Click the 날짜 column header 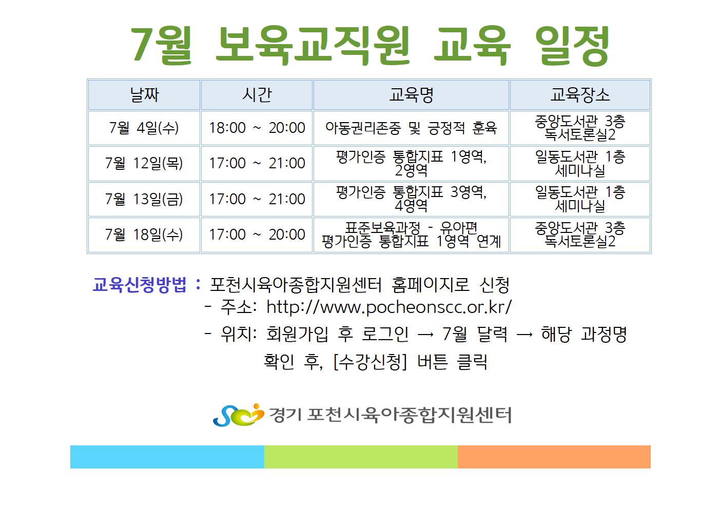pos(144,95)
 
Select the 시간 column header pos(257,95)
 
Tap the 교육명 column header pos(411,95)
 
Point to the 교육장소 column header pos(580,95)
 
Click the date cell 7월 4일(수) pos(144,128)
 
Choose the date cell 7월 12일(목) pos(144,163)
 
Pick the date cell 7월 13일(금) pos(144,199)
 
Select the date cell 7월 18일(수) pos(144,234)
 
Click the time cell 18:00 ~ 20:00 pos(257,128)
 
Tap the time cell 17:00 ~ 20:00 pos(257,234)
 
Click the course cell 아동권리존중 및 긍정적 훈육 pos(411,128)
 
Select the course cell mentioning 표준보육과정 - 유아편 pos(411,234)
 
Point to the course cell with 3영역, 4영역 pos(411,199)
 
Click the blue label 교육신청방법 pos(139,285)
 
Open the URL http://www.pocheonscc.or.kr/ pos(389,307)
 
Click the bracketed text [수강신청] pos(371,362)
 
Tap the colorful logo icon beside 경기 pos(238,415)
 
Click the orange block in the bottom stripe pos(554,457)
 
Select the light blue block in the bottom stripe pos(167,457)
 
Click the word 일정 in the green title pos(572,46)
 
